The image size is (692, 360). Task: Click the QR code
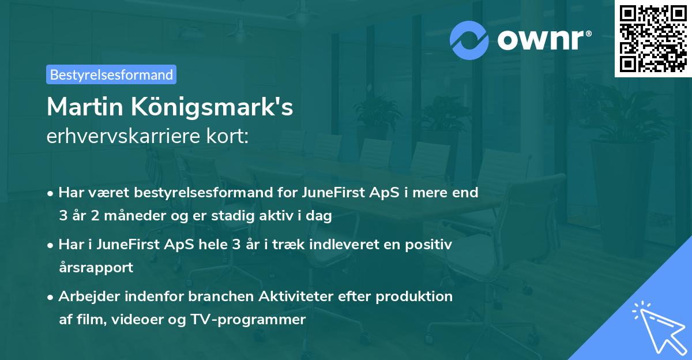pos(653,38)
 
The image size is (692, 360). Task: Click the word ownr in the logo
pos(543,40)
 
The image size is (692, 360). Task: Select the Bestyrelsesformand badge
pos(111,74)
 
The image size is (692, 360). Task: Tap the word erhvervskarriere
pos(122,137)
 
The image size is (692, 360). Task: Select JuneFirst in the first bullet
pos(330,193)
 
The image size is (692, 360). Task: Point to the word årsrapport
pos(96,268)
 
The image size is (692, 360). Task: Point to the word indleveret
pos(330,245)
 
